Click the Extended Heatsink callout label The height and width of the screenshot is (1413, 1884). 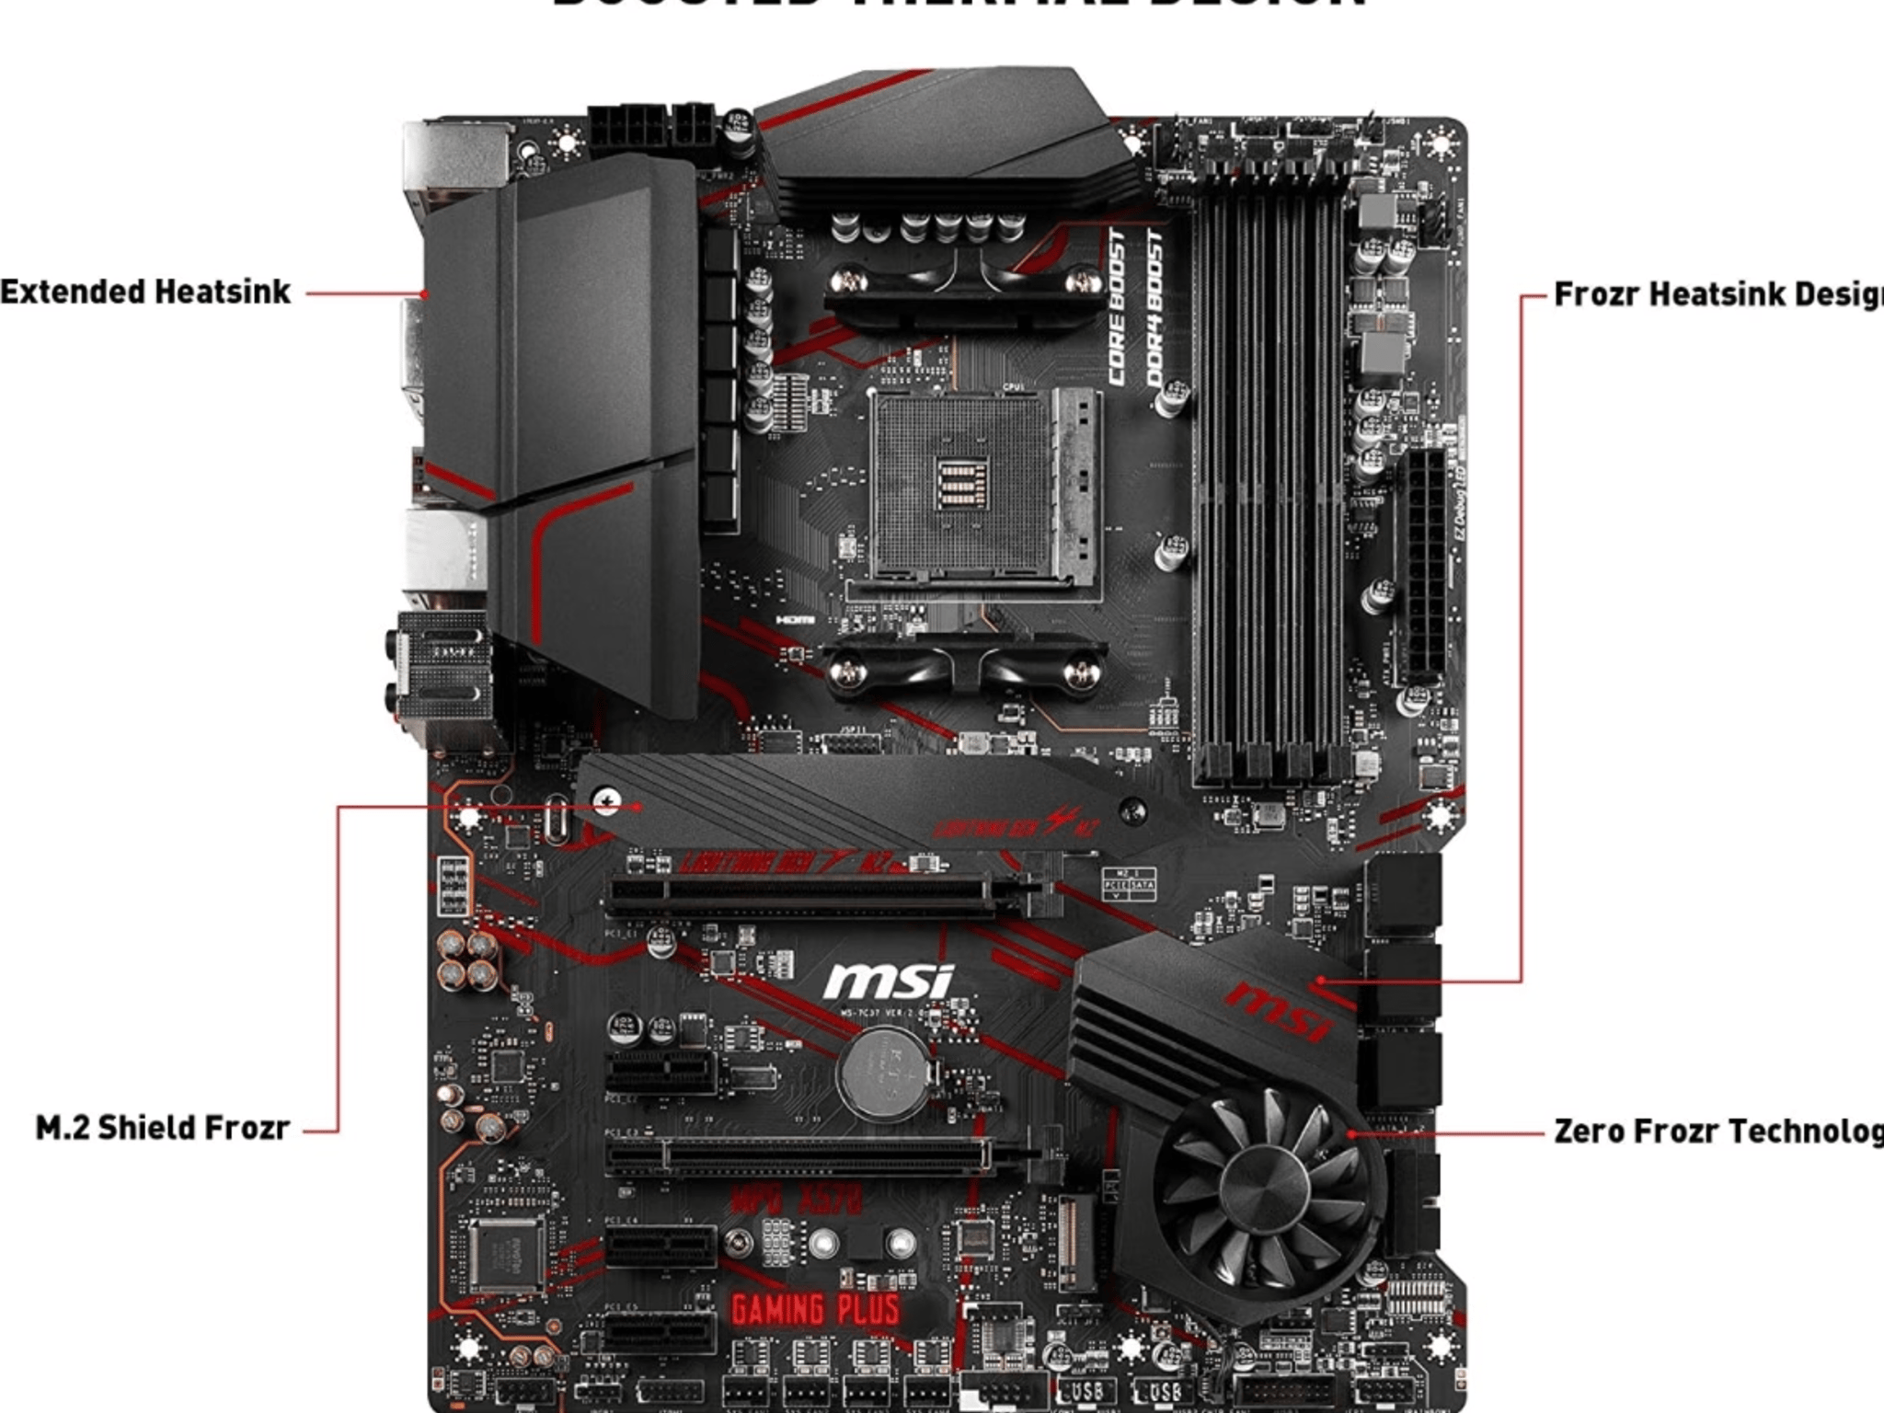pyautogui.click(x=145, y=293)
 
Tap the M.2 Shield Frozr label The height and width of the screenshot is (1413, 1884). pyautogui.click(x=162, y=1128)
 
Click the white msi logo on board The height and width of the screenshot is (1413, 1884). pyautogui.click(x=889, y=982)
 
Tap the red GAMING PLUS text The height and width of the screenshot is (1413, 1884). pyautogui.click(x=815, y=1310)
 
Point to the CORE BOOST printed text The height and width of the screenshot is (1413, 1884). pyautogui.click(x=1117, y=309)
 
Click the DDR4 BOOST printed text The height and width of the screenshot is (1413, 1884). pyautogui.click(x=1155, y=309)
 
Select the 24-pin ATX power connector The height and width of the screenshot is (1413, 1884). pyautogui.click(x=1424, y=565)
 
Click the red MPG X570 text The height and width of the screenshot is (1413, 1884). pyautogui.click(x=797, y=1200)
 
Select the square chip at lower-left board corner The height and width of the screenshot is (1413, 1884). pyautogui.click(x=505, y=1253)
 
